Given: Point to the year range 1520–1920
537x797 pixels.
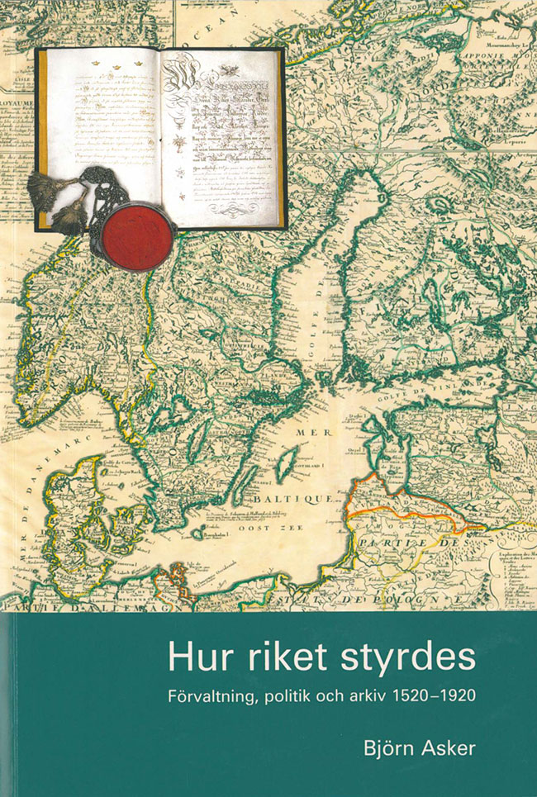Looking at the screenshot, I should (x=443, y=695).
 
